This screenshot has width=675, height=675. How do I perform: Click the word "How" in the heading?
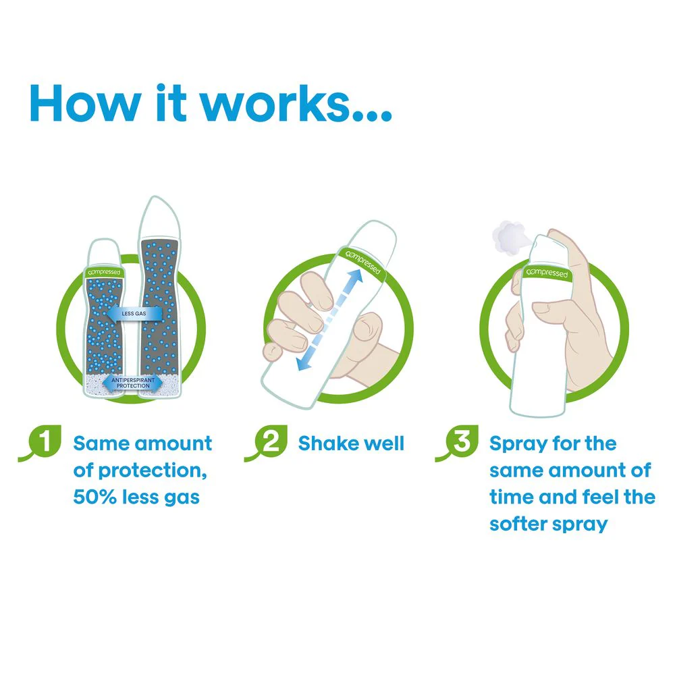click(85, 103)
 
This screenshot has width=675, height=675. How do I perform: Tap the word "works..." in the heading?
click(296, 103)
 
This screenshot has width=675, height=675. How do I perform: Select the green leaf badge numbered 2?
click(267, 443)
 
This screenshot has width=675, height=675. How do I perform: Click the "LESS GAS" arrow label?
click(134, 313)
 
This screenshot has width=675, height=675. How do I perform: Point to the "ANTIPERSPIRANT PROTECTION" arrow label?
click(132, 383)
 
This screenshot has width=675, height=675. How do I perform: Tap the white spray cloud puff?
click(509, 238)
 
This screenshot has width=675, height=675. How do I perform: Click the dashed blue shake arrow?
click(330, 319)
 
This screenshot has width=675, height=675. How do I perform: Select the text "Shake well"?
click(351, 443)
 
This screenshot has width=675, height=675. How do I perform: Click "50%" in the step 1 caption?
click(94, 497)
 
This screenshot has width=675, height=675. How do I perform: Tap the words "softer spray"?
click(548, 524)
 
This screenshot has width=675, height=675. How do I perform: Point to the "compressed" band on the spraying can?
click(547, 273)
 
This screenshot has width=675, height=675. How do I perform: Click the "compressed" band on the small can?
click(104, 272)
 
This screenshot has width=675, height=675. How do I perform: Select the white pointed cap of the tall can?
click(159, 216)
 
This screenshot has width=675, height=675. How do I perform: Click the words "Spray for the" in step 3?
click(553, 444)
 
